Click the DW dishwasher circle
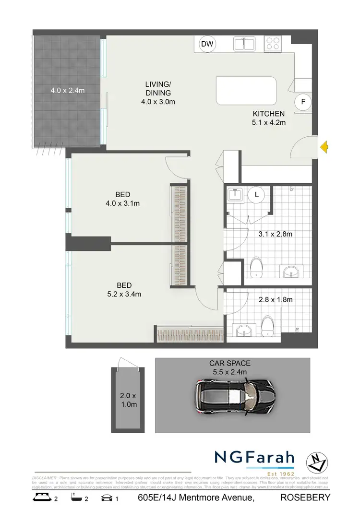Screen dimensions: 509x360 click(207, 45)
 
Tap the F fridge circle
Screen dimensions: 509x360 click(303, 102)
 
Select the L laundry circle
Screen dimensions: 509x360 click(257, 195)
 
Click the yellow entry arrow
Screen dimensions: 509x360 click(324, 147)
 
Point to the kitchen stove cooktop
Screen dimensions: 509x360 click(273, 44)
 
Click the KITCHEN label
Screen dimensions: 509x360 click(269, 114)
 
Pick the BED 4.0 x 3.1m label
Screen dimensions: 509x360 click(123, 199)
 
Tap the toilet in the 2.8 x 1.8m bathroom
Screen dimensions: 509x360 click(267, 325)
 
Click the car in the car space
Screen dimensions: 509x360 click(235, 396)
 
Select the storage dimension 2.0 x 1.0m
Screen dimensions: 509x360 click(128, 400)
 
